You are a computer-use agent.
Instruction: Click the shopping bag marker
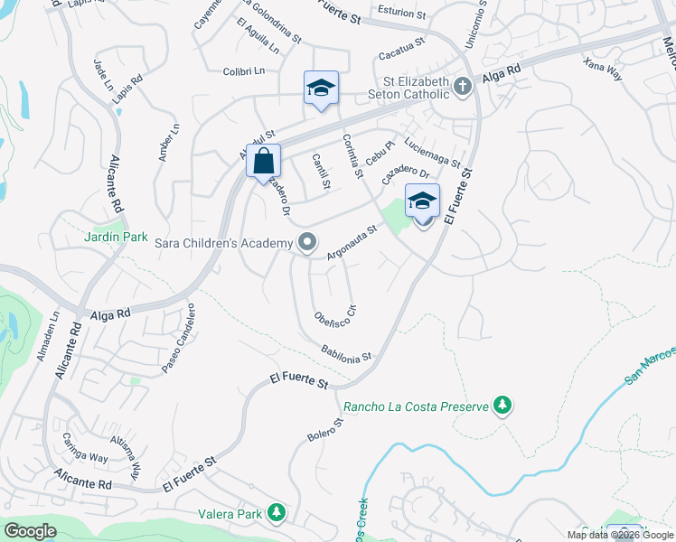pos(263,162)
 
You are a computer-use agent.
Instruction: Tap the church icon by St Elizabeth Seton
pos(463,88)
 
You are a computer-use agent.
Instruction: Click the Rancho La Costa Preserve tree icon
pos(502,406)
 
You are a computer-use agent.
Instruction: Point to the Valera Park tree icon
pos(276,514)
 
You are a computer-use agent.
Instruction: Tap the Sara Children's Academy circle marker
pos(308,242)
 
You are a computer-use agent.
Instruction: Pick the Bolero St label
pos(325,430)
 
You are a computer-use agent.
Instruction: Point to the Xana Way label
pos(603,70)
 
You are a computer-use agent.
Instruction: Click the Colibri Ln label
pos(245,70)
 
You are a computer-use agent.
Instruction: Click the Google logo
pos(31,530)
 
